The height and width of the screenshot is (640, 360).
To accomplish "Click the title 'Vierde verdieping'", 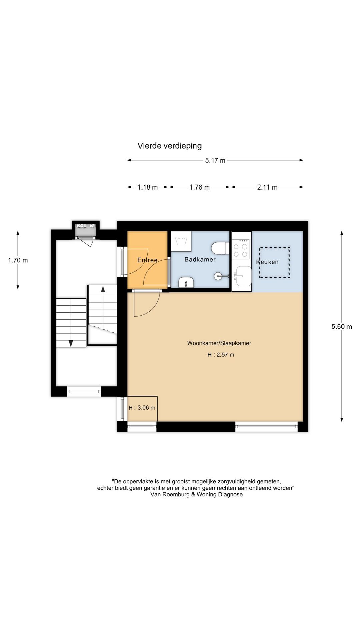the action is [x=170, y=146].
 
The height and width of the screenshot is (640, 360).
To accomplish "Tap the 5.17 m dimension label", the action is [x=215, y=160].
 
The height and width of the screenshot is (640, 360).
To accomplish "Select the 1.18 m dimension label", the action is [x=148, y=187].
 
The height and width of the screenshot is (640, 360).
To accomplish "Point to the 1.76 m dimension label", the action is [x=200, y=187].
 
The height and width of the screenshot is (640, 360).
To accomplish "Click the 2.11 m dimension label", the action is [x=267, y=187].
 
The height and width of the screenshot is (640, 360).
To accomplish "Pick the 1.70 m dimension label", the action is [x=18, y=260].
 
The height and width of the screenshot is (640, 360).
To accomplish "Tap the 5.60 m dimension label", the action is [x=342, y=327].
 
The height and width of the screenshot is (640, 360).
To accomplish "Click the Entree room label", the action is [x=147, y=260].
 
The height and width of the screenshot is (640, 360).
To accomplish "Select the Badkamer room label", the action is [x=200, y=259].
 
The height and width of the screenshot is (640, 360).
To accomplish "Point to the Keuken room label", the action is [x=267, y=262].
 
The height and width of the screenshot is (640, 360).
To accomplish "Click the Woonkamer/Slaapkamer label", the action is [x=219, y=343].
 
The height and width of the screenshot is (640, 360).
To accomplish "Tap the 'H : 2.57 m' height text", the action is [x=221, y=355].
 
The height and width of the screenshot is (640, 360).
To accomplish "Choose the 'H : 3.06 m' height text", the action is [x=142, y=408].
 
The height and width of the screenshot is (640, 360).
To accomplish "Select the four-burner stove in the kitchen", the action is [x=241, y=248].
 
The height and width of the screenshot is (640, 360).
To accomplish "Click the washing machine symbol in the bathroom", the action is [x=181, y=241].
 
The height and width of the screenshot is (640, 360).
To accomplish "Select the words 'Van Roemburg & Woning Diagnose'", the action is [x=197, y=495].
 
